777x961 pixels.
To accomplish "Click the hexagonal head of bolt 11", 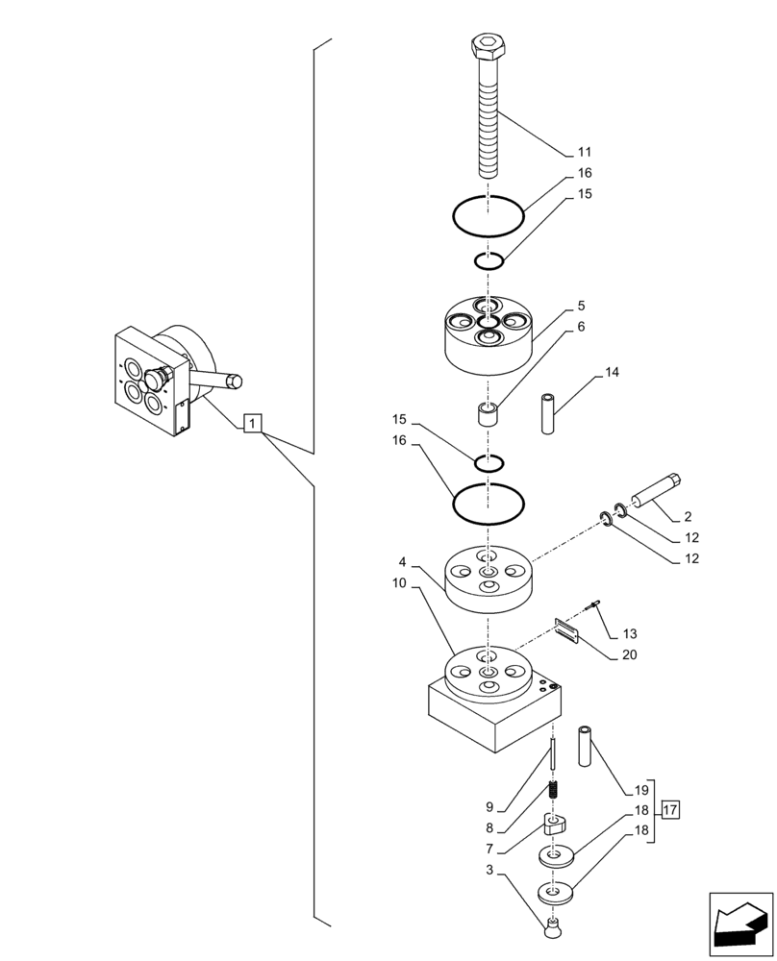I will [x=488, y=45].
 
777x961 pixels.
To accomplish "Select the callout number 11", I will [x=585, y=152].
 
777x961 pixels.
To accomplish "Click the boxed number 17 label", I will [x=670, y=810].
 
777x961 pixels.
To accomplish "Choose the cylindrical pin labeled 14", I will [x=547, y=412].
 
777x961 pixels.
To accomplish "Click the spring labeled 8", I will [x=555, y=794].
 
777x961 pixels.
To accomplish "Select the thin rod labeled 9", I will [x=554, y=753].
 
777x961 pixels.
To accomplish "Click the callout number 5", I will [x=582, y=306].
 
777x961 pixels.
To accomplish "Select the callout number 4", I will [x=404, y=561].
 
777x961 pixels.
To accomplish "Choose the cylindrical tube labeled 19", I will [x=587, y=747].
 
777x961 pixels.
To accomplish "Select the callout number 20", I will [x=630, y=655].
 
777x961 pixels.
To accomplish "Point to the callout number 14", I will [x=613, y=371].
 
